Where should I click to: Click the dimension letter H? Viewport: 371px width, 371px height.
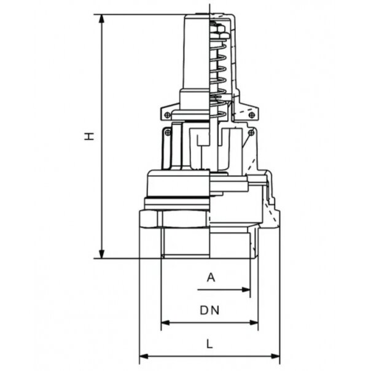(x=90, y=136)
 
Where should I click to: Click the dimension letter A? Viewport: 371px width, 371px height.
(x=211, y=278)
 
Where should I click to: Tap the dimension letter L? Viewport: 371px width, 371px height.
(x=209, y=345)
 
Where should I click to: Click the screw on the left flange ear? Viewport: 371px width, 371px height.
(x=167, y=114)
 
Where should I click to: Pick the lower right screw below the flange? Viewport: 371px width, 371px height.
(x=251, y=131)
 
